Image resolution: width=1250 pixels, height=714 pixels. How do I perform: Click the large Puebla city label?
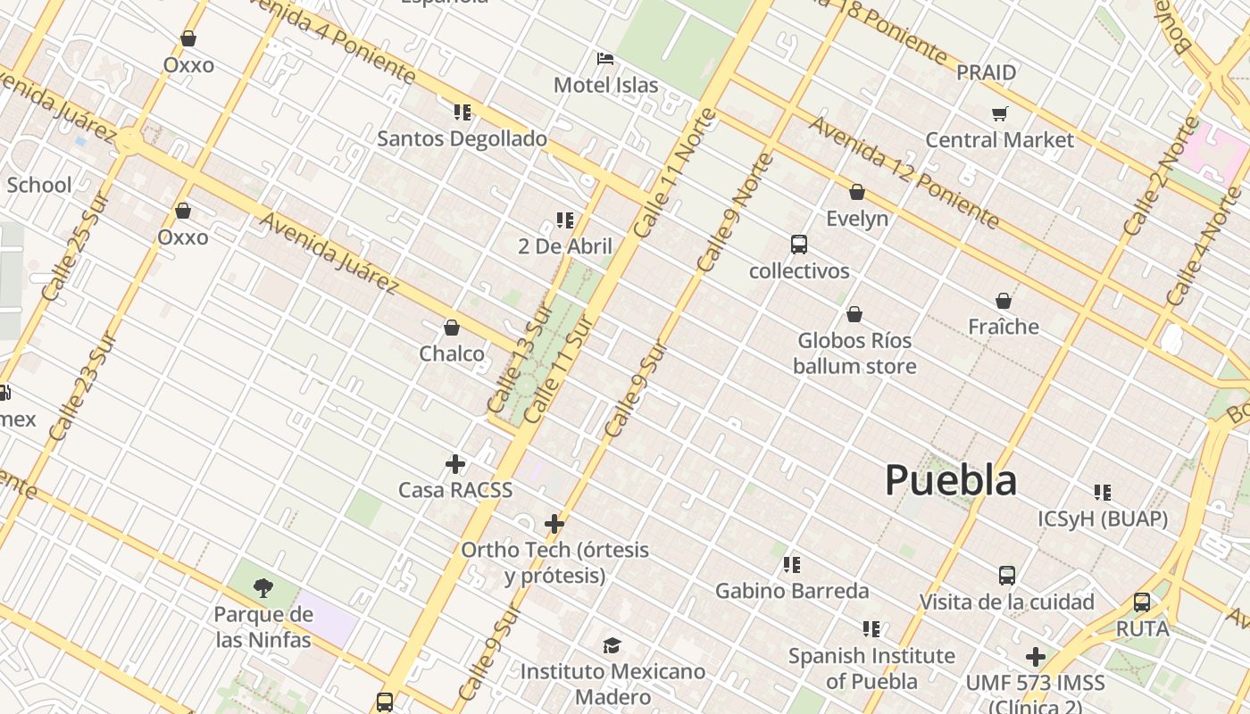pos(951,480)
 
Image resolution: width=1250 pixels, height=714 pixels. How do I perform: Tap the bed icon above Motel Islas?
pos(605,59)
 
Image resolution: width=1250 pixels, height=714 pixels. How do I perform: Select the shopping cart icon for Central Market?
pos(999,113)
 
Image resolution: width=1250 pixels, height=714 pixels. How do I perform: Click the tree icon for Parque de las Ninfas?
pos(262,587)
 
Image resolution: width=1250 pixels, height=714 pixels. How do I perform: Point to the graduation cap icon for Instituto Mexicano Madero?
pos(612,645)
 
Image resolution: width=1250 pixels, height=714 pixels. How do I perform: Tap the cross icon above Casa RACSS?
pos(455,464)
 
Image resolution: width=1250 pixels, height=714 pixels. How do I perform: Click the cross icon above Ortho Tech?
pos(554,524)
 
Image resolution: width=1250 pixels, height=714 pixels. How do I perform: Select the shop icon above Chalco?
pos(452,328)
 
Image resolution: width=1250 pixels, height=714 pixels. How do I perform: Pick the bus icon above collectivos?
pos(799,245)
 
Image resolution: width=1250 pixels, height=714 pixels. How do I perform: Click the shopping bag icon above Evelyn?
pos(857,192)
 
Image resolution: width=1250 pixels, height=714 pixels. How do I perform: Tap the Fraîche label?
pos(1004,327)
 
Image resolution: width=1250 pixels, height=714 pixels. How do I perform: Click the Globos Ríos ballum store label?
pos(854,353)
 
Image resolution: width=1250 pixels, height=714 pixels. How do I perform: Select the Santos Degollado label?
pos(462,139)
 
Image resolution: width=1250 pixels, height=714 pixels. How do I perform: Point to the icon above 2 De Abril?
pos(564,220)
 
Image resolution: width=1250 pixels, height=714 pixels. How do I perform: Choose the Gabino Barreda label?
pos(792,591)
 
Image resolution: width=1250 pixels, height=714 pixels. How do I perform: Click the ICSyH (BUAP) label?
pos(1103,519)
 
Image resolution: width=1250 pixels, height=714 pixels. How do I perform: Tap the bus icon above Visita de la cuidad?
pos(1007,576)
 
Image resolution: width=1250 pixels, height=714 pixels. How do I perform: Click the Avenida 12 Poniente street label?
pos(904,170)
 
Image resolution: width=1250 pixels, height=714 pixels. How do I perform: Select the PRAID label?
pos(986,72)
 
